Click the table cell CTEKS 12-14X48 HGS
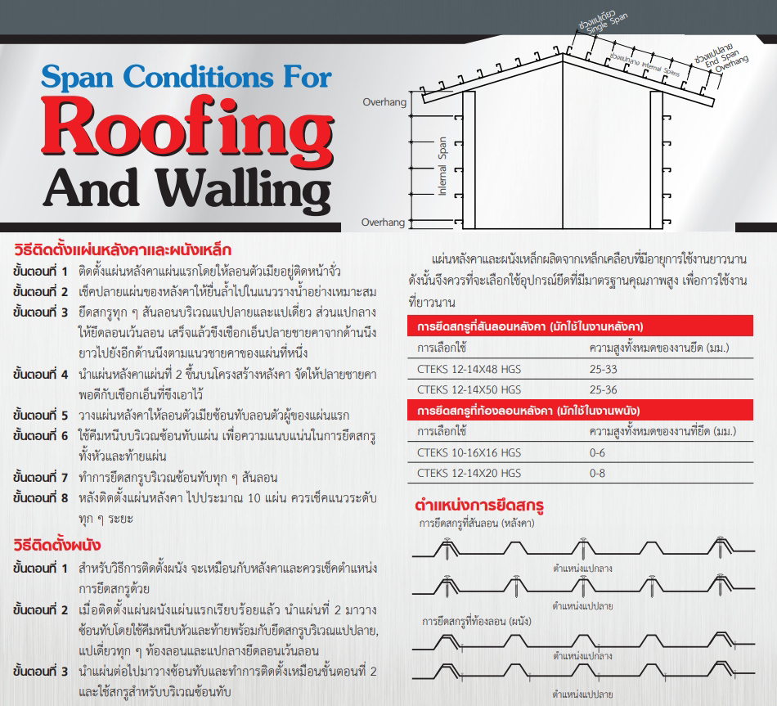point(469,369)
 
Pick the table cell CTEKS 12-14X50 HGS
point(469,389)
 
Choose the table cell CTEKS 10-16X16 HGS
point(469,452)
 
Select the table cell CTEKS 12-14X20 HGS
point(469,473)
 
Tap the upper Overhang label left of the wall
point(384,102)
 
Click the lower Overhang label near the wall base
point(383,222)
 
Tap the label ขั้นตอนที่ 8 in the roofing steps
point(40,498)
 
